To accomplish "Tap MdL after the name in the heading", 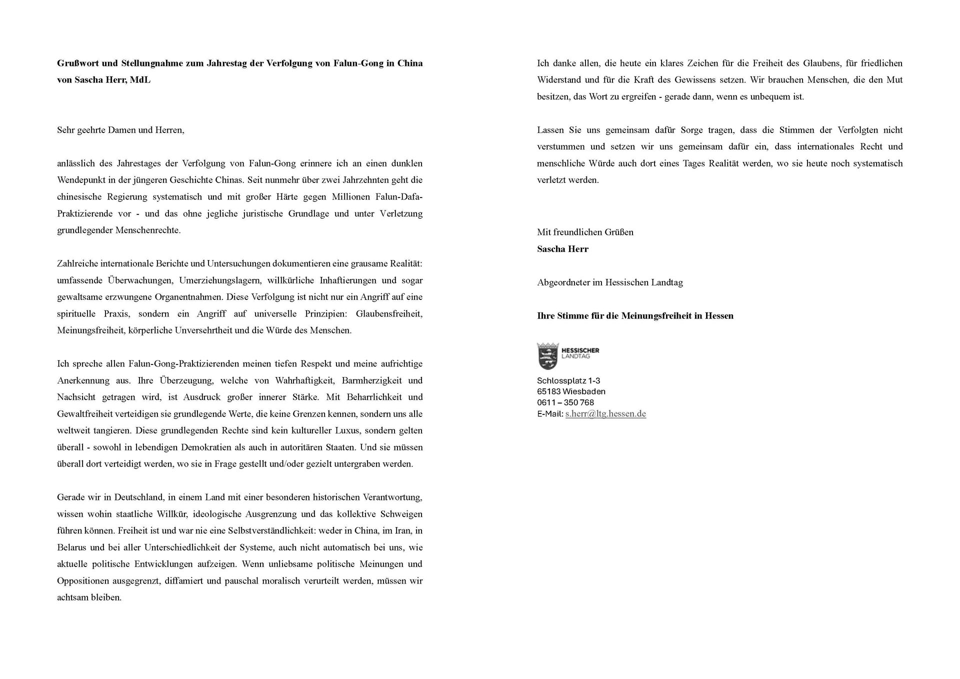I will tap(140, 80).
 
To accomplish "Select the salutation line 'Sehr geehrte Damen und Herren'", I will tap(120, 130).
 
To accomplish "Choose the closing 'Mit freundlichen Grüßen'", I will tap(585, 232).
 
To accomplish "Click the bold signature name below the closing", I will tap(562, 249).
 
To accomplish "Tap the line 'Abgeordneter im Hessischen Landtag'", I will tap(609, 282).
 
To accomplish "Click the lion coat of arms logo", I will tap(548, 356).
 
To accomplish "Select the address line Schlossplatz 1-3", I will tap(568, 380).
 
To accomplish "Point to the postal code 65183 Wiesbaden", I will tap(571, 391).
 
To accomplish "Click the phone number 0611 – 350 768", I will tap(565, 402).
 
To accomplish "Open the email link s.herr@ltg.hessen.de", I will tap(605, 414).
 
